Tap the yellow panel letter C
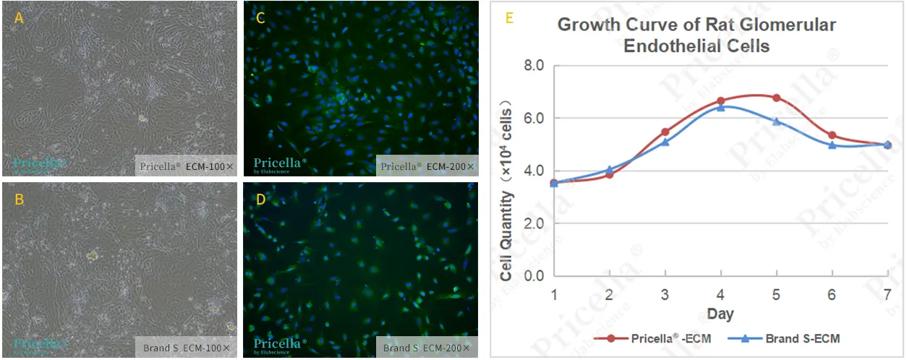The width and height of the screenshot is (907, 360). coord(260,19)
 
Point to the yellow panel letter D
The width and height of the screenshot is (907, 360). coord(260,200)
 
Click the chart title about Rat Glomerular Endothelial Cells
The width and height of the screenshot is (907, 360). coord(696,35)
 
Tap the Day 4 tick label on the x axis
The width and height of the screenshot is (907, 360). coord(720,295)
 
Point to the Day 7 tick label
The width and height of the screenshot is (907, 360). coord(888,295)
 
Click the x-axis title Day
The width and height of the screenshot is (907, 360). coord(720,314)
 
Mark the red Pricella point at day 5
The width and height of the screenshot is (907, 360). coord(776,98)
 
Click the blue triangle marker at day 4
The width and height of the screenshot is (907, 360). coord(720,107)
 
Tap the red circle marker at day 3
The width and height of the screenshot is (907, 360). coord(665,132)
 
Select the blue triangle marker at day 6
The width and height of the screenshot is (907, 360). coord(833,145)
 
